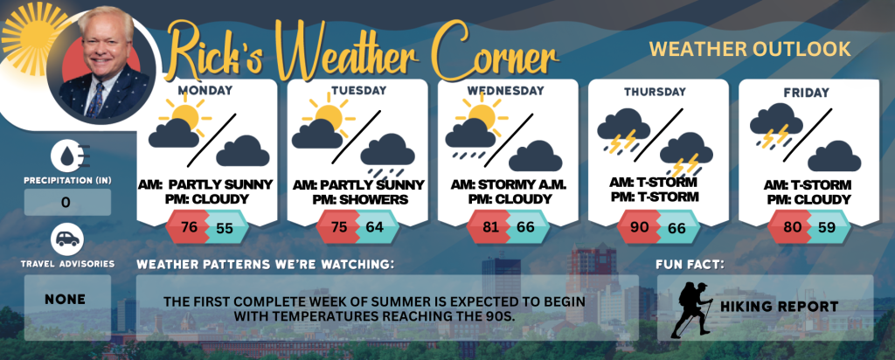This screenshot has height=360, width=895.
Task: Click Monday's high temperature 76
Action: pyautogui.click(x=189, y=227)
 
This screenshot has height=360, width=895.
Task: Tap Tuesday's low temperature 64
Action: pyautogui.click(x=374, y=227)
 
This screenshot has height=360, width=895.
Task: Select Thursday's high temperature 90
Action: pyautogui.click(x=640, y=227)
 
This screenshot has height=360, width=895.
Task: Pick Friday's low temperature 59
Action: pyautogui.click(x=827, y=227)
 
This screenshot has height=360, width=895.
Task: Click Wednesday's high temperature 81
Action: pyautogui.click(x=490, y=227)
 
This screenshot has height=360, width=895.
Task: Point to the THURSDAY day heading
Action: pyautogui.click(x=655, y=91)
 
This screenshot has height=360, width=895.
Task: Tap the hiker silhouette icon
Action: pyautogui.click(x=691, y=309)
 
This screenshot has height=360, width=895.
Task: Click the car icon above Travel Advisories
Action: pyautogui.click(x=67, y=239)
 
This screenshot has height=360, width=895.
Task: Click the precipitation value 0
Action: pyautogui.click(x=66, y=203)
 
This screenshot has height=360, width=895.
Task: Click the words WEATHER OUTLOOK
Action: pyautogui.click(x=750, y=49)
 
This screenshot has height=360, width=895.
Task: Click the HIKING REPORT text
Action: pyautogui.click(x=779, y=307)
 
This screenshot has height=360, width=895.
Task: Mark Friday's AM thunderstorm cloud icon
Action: pyautogui.click(x=776, y=127)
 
